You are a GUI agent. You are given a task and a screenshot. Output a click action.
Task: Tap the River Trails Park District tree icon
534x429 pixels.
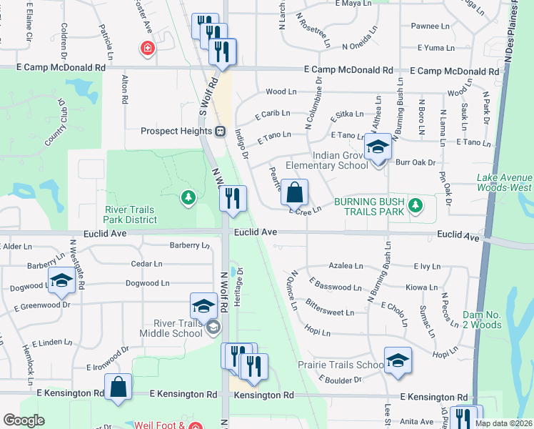click(188, 197)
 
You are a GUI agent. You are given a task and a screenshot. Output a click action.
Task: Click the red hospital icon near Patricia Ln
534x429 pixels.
click(148, 48)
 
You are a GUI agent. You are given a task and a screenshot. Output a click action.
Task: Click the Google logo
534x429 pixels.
click(24, 420)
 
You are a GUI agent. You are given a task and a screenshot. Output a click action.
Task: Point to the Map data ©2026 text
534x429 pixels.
click(503, 423)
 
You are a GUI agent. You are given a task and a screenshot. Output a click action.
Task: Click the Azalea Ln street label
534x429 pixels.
click(346, 265)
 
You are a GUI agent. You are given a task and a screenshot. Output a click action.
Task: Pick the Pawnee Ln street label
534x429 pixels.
click(428, 26)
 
